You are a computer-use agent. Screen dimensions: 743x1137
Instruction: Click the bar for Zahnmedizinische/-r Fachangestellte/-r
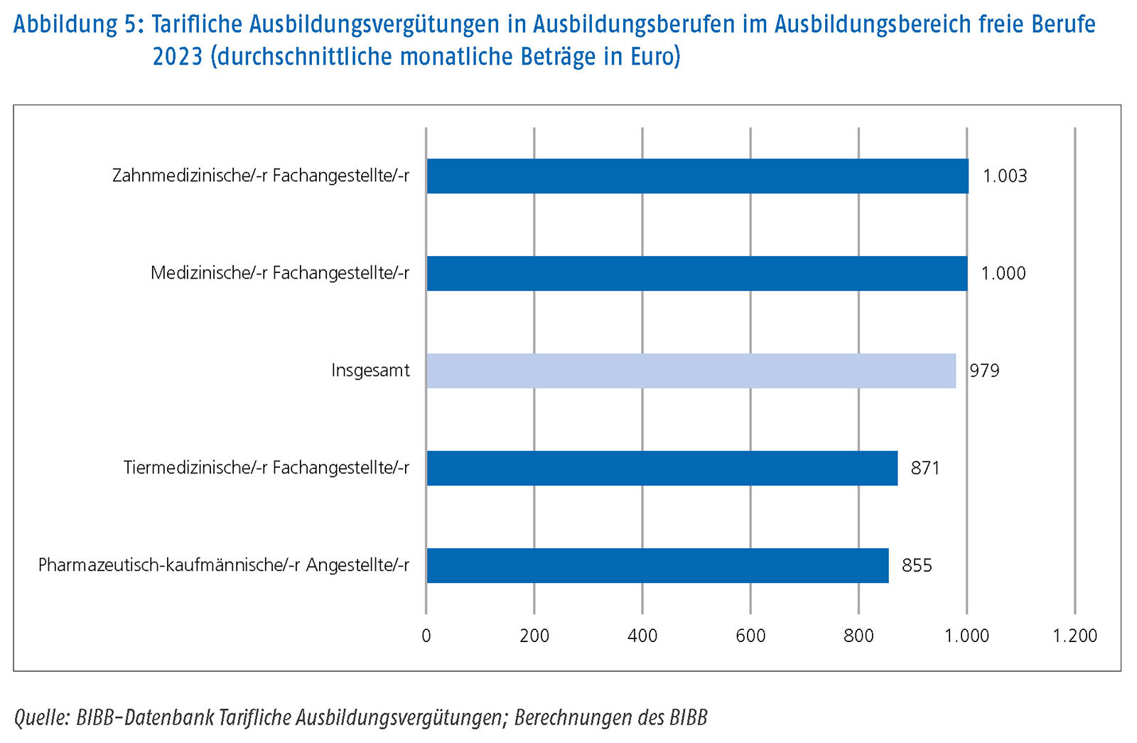click(x=697, y=176)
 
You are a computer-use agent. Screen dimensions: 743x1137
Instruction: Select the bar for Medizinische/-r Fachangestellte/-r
click(x=696, y=273)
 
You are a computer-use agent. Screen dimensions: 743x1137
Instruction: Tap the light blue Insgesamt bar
click(x=691, y=370)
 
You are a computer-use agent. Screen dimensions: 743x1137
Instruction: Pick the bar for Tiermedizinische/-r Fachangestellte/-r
click(x=662, y=468)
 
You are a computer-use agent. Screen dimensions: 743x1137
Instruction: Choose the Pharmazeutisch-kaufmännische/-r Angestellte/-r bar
click(x=657, y=565)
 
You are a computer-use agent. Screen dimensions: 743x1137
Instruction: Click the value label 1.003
click(x=1004, y=176)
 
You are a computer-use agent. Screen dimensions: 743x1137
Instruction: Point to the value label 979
click(x=984, y=370)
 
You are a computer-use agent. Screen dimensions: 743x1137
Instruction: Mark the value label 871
click(x=925, y=468)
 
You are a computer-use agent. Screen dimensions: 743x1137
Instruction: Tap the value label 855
click(x=917, y=565)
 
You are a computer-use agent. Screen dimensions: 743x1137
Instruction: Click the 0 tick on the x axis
click(x=426, y=636)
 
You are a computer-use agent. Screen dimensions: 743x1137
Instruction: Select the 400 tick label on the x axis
click(x=642, y=636)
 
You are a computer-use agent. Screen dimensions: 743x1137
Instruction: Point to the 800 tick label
click(x=858, y=636)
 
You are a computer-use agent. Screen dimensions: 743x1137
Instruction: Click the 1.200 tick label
click(x=1074, y=636)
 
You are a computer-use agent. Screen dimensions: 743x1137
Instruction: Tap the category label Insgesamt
click(x=370, y=370)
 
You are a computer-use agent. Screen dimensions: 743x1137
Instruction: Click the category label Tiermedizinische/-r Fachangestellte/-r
click(x=266, y=468)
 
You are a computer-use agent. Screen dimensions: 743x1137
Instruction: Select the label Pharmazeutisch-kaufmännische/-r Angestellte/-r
click(x=223, y=565)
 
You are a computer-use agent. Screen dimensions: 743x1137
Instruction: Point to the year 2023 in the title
click(x=178, y=56)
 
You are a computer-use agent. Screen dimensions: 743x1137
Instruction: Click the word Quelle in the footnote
click(x=41, y=717)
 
